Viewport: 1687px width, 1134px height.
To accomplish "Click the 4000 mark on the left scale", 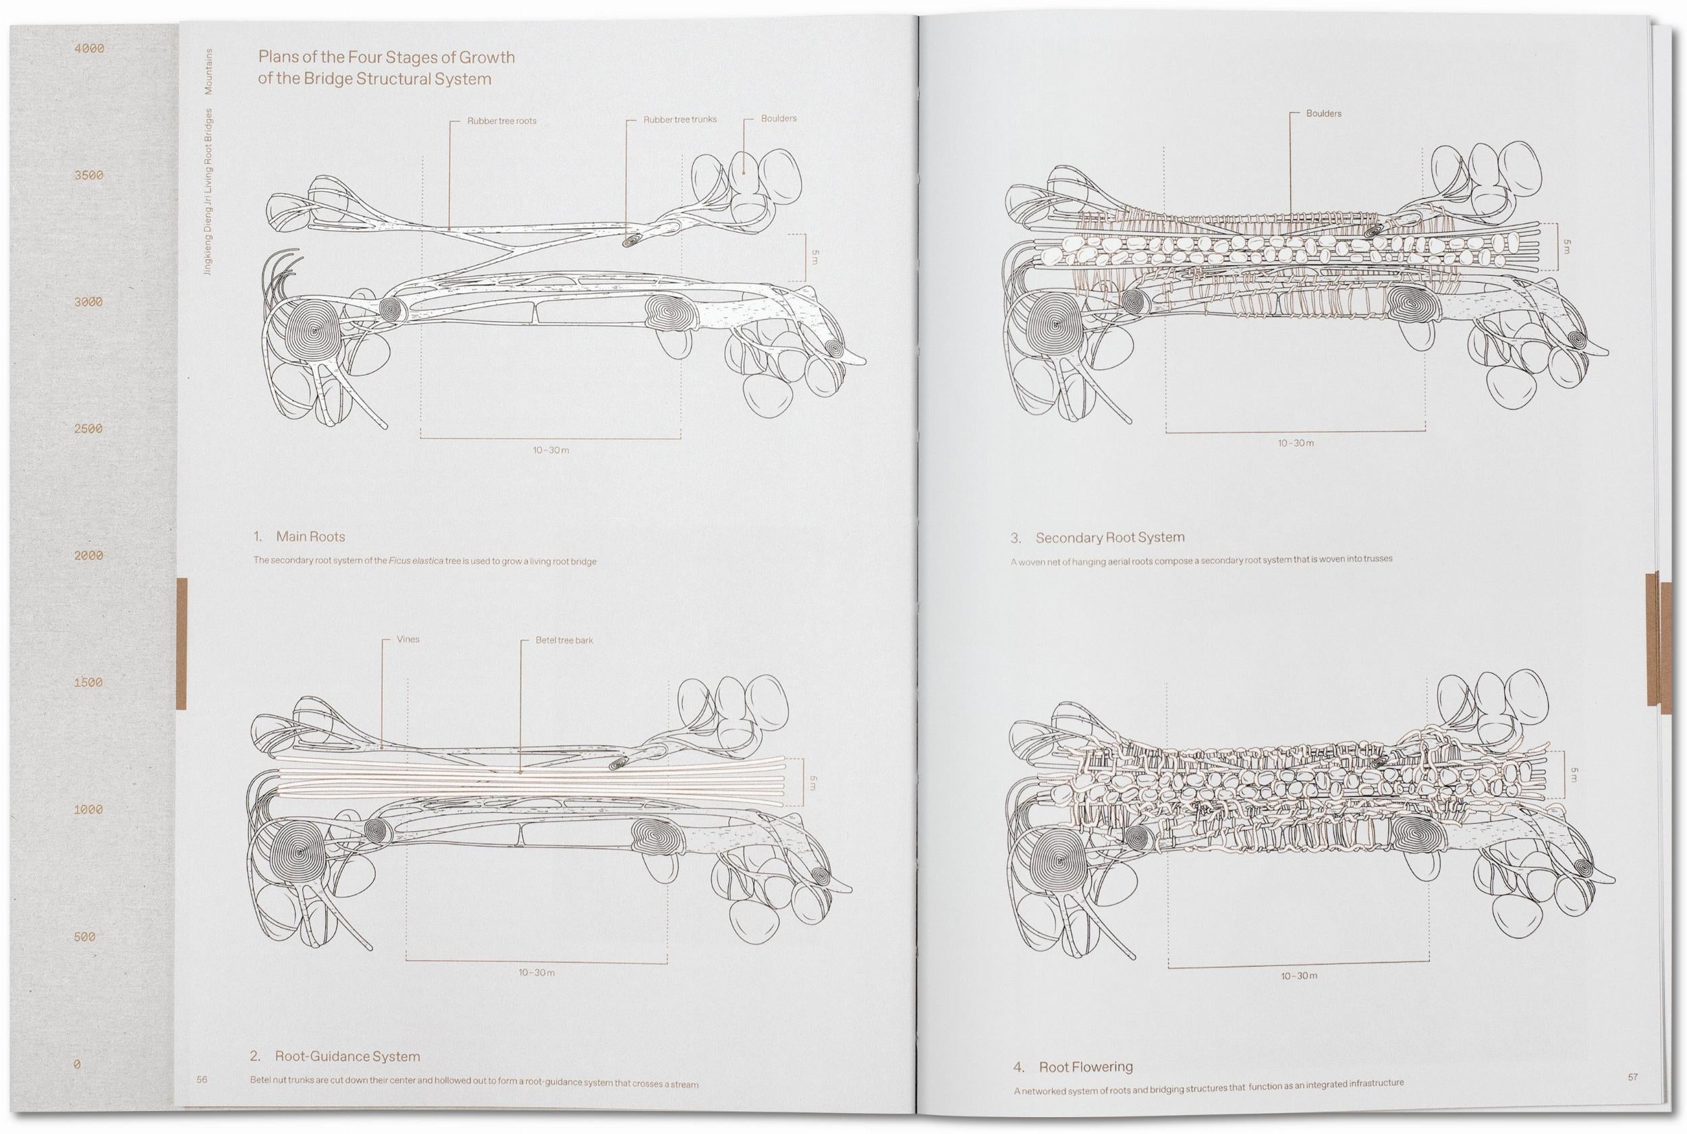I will tap(89, 49).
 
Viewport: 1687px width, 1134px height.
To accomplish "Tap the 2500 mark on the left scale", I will tap(89, 429).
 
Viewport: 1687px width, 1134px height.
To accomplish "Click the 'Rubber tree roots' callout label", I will tap(501, 121).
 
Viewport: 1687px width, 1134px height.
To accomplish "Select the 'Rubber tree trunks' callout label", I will tap(680, 119).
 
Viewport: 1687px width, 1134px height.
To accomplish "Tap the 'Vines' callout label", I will tap(408, 640).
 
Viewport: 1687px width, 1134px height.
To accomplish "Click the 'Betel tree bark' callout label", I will tap(563, 640).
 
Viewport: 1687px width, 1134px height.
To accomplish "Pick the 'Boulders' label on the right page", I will tap(1323, 113).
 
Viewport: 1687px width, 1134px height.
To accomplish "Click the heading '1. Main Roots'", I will tap(299, 536).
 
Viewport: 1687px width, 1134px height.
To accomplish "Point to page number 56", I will tap(202, 1080).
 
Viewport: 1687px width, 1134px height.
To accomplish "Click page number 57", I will tap(1633, 1077).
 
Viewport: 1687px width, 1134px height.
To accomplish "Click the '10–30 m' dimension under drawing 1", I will tap(551, 451).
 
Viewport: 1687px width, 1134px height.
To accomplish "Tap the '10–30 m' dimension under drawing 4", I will tap(1298, 975).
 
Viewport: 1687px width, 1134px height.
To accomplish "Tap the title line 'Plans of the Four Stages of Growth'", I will tap(386, 57).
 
